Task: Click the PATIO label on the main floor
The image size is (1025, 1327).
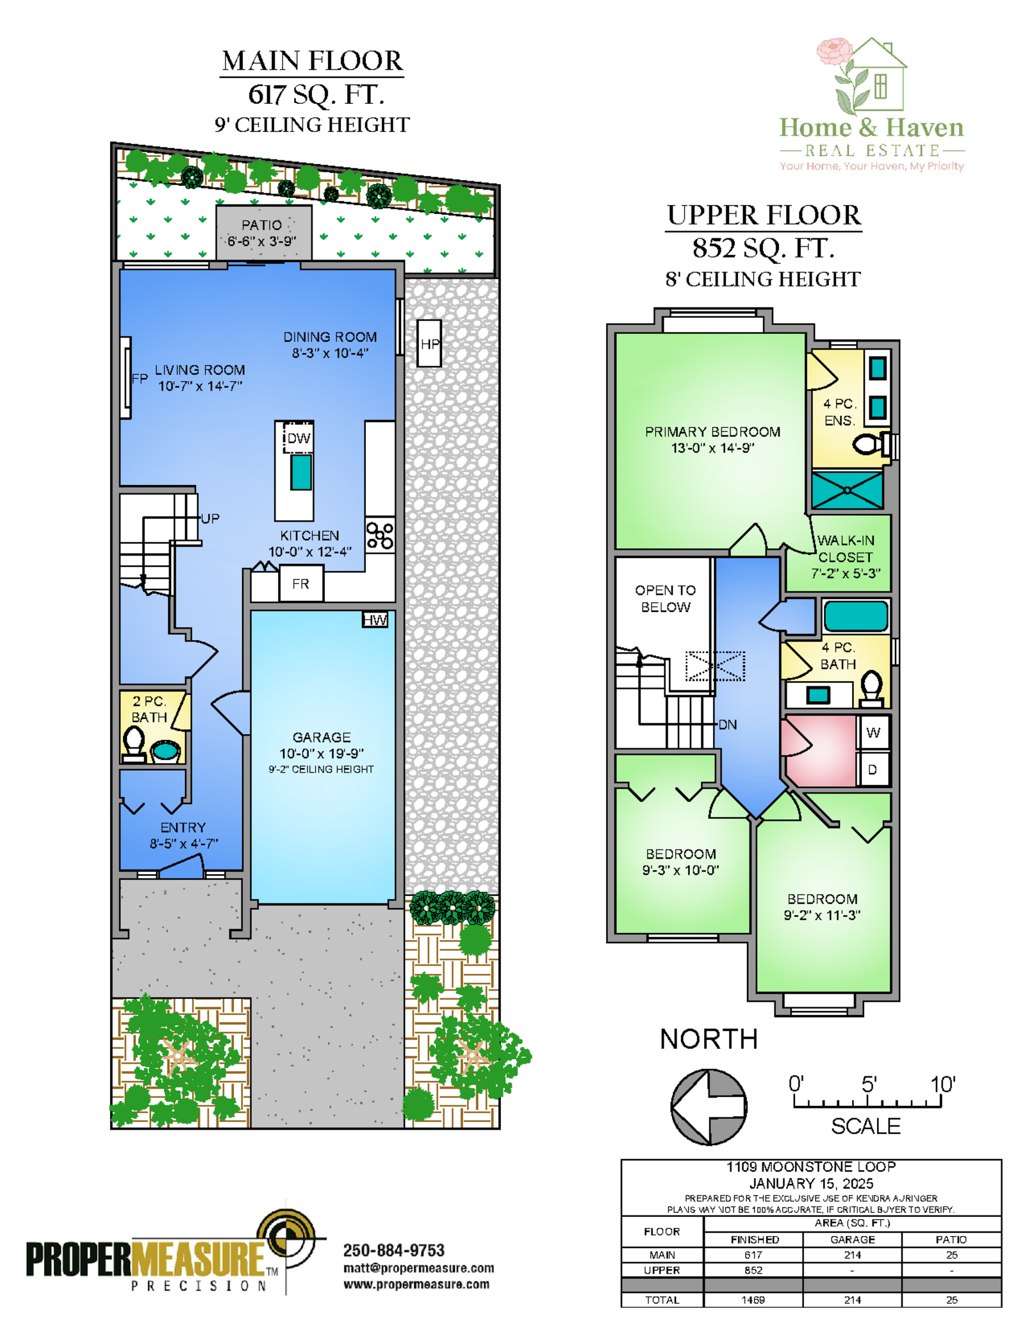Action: click(261, 225)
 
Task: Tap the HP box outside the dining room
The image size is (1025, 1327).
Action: click(429, 343)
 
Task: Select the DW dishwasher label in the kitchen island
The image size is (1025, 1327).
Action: click(299, 438)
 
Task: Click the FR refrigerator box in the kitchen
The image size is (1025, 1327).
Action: click(301, 584)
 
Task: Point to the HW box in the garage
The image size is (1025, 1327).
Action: click(375, 620)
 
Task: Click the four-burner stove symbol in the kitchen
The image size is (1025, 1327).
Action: click(380, 536)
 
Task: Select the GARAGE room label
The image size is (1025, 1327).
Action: click(322, 737)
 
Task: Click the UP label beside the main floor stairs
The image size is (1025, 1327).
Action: click(210, 518)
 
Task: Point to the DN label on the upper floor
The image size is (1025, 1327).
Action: click(728, 725)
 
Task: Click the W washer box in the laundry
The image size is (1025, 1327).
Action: click(873, 732)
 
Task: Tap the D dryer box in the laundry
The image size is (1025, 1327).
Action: click(873, 769)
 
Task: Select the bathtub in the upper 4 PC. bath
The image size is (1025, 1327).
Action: click(856, 616)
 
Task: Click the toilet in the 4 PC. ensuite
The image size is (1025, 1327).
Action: click(871, 443)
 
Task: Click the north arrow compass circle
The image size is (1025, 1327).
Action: click(709, 1107)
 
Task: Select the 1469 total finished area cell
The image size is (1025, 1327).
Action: click(753, 1299)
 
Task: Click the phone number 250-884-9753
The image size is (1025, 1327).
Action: click(393, 1250)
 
